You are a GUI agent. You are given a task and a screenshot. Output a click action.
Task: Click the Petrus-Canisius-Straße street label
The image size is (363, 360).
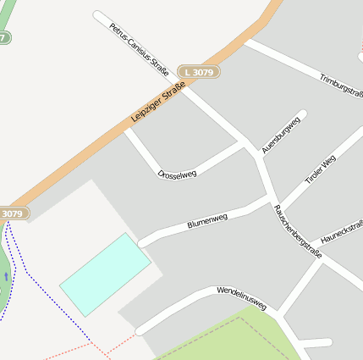point(140,49)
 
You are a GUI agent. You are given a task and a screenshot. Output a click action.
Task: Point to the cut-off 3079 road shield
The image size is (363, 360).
point(13,213)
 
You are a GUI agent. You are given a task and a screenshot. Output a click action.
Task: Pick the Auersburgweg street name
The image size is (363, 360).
point(281,134)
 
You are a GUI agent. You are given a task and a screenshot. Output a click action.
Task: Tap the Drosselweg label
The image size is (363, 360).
point(177,174)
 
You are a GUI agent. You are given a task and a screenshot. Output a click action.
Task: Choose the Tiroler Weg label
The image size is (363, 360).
point(321,167)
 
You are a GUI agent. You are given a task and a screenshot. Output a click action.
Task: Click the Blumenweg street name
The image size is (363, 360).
point(207,222)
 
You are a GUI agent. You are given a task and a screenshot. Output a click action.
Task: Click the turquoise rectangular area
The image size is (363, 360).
point(105,274)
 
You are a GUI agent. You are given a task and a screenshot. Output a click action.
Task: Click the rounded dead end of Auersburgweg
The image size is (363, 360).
point(302,114)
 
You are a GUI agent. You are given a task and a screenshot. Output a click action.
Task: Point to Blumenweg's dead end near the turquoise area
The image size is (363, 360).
point(143,241)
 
